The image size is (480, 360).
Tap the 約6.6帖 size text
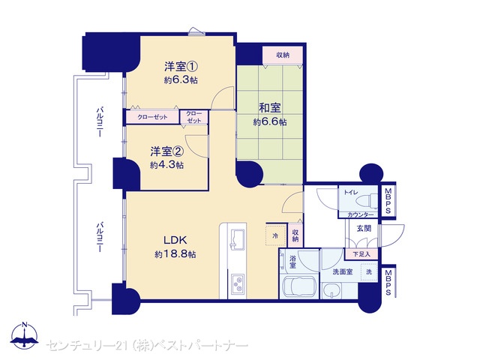click(270, 122)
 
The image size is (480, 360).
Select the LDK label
click(175, 240)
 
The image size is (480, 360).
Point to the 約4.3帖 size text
click(166, 165)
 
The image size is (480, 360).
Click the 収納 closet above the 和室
click(283, 55)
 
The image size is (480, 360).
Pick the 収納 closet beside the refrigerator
click(295, 235)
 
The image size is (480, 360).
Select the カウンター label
click(361, 215)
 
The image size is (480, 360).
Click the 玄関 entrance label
click(364, 228)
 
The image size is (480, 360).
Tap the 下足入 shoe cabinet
click(361, 254)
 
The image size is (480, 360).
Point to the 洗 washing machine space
click(369, 271)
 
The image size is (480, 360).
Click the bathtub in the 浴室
click(299, 287)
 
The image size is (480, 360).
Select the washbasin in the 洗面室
click(331, 290)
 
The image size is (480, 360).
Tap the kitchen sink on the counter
click(237, 238)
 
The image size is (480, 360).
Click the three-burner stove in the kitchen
click(238, 283)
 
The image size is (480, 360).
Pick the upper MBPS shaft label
click(388, 200)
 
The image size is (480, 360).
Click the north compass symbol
click(25, 335)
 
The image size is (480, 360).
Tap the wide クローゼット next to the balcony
click(152, 117)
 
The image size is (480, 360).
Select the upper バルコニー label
click(100, 121)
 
